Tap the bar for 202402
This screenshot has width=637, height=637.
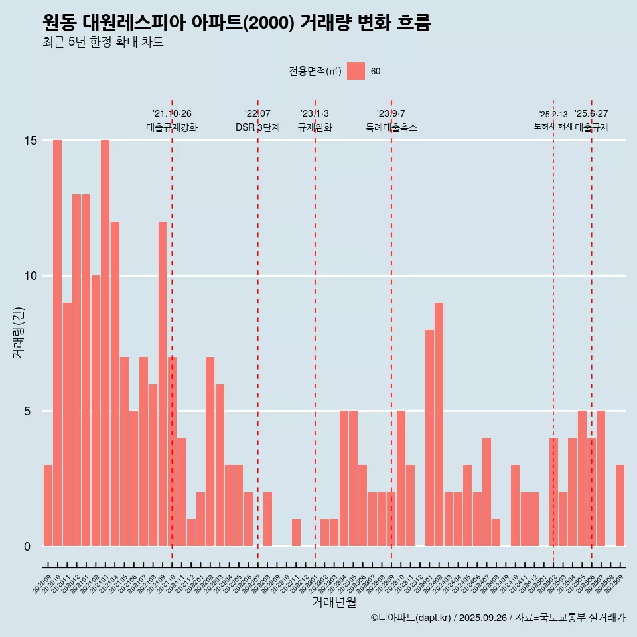[x=439, y=425]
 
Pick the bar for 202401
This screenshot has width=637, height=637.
[x=429, y=438]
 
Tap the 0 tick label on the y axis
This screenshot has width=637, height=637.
[x=27, y=547]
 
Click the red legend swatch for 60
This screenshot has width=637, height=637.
[x=356, y=71]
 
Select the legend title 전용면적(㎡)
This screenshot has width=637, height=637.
[x=315, y=72]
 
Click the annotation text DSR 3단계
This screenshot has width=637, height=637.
[x=257, y=127]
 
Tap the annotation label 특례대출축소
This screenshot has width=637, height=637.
[x=391, y=127]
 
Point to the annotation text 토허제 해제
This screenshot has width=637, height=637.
[x=553, y=126]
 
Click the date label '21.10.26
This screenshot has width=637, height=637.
[x=172, y=114]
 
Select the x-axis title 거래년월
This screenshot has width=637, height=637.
[x=334, y=602]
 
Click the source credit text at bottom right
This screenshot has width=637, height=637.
[x=498, y=618]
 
